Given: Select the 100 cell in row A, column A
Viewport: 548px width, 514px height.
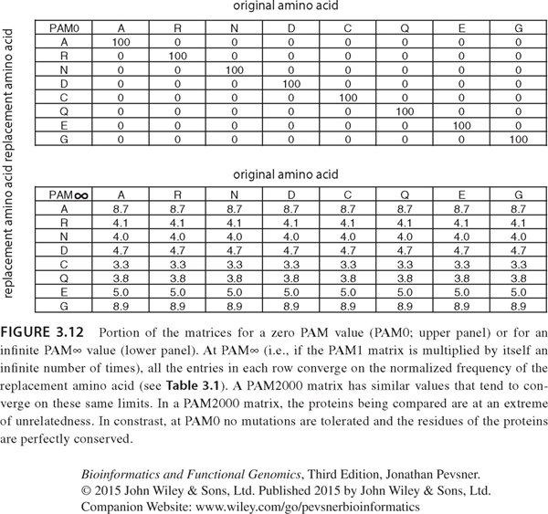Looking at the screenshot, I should click(121, 42).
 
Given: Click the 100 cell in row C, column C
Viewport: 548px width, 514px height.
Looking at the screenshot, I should click(348, 97).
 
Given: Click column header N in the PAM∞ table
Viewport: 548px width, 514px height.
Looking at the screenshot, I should click(235, 194).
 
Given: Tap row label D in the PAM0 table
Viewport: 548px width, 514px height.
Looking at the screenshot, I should click(64, 83).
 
